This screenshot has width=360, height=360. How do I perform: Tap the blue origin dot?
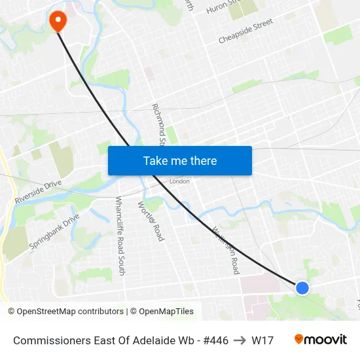302,287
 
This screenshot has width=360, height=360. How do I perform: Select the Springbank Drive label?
54,231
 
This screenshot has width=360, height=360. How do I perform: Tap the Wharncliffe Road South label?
120,226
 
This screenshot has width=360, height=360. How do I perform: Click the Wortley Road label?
151,221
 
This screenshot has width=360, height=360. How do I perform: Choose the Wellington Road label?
226,249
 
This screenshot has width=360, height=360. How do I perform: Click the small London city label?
179,181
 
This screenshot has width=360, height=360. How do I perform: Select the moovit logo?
321,339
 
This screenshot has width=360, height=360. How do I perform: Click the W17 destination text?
262,340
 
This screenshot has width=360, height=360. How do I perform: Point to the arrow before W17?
240,340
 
